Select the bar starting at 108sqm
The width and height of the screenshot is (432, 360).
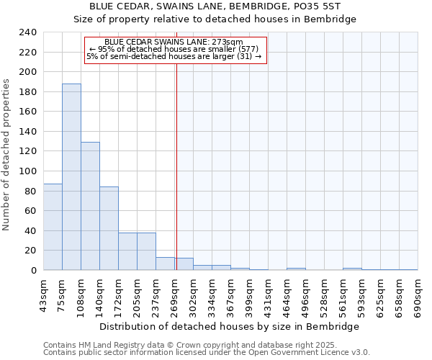pyautogui.click(x=90, y=206)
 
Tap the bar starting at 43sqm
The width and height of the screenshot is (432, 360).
pyautogui.click(x=53, y=227)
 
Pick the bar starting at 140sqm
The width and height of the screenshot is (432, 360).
pyautogui.click(x=109, y=228)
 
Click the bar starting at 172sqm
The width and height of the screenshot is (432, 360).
pyautogui.click(x=127, y=251)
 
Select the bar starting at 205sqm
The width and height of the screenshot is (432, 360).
pyautogui.click(x=146, y=251)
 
